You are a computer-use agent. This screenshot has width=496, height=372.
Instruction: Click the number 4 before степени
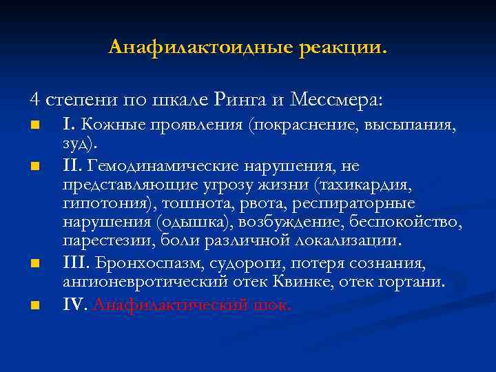point(34,99)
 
